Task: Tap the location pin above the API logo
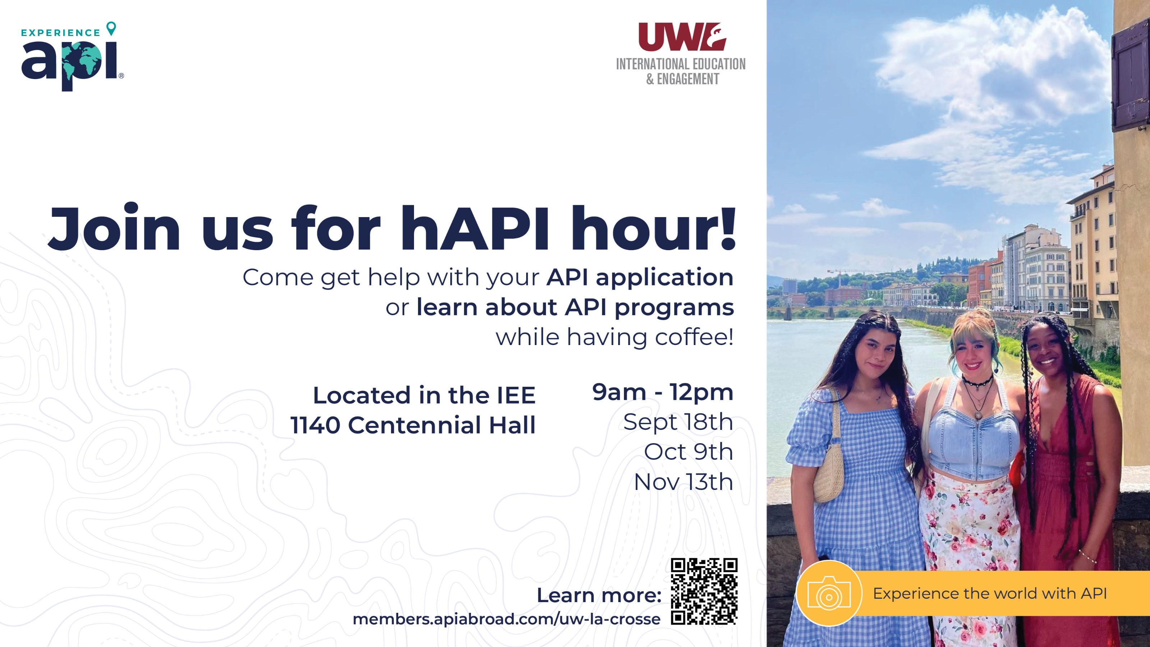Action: click(111, 29)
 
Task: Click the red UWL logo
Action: click(682, 37)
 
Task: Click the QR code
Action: click(704, 591)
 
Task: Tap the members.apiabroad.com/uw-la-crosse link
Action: click(506, 619)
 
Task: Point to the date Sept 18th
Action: click(678, 422)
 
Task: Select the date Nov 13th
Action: click(684, 482)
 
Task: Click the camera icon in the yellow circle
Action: click(829, 593)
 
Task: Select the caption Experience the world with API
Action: click(990, 593)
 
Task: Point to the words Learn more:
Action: click(599, 595)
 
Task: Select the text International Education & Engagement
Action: click(681, 72)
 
